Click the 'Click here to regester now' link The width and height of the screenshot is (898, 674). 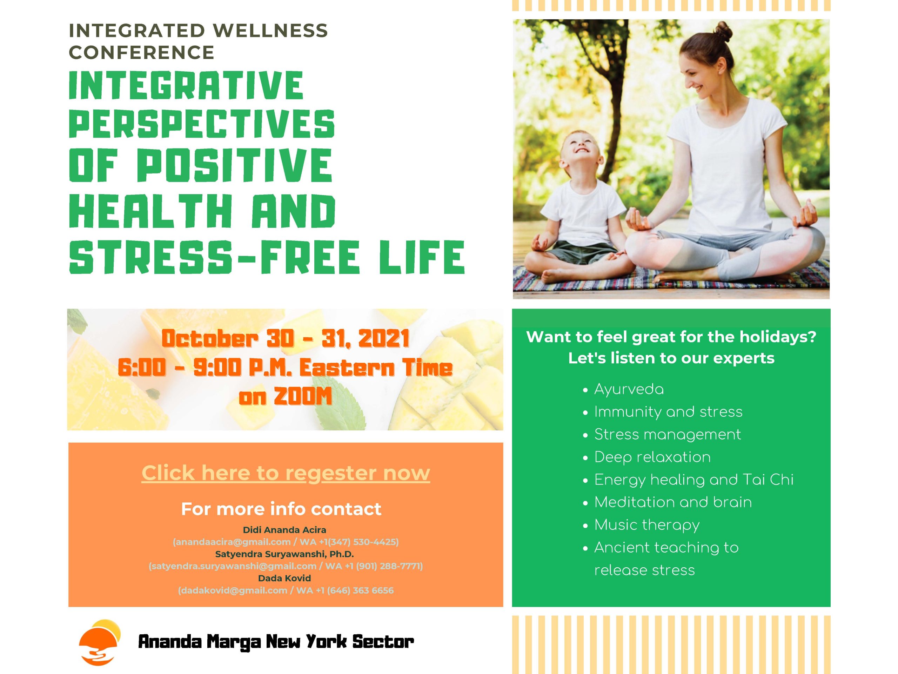(x=286, y=473)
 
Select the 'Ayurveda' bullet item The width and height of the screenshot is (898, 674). (x=629, y=389)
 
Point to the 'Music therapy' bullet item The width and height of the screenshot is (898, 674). (x=647, y=525)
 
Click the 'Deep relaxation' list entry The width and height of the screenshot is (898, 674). (x=652, y=457)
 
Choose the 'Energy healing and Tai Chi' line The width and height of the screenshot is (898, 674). (x=694, y=480)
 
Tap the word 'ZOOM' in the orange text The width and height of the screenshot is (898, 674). (x=303, y=397)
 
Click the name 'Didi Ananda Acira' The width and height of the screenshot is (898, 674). (x=284, y=530)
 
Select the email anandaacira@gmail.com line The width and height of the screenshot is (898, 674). (x=286, y=542)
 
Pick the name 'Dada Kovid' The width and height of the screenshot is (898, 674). (x=284, y=578)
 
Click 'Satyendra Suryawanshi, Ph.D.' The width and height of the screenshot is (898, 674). (x=284, y=554)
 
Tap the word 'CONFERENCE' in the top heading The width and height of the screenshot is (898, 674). (x=142, y=52)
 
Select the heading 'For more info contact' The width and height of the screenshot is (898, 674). (x=281, y=509)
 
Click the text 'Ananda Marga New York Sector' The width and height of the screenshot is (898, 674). (x=276, y=642)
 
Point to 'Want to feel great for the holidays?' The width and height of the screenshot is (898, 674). (x=671, y=337)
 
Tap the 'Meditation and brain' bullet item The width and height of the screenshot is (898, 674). (x=673, y=502)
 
